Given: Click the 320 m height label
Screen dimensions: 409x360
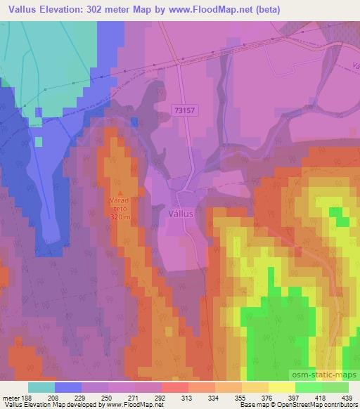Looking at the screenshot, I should [121, 217].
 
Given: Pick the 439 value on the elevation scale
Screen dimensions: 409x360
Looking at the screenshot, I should [348, 398].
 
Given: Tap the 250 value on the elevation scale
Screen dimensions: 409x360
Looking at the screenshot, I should [105, 398].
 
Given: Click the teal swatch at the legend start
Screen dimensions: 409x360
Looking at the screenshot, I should [41, 387].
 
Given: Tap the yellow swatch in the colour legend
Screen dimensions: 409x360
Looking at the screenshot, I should [282, 387].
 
